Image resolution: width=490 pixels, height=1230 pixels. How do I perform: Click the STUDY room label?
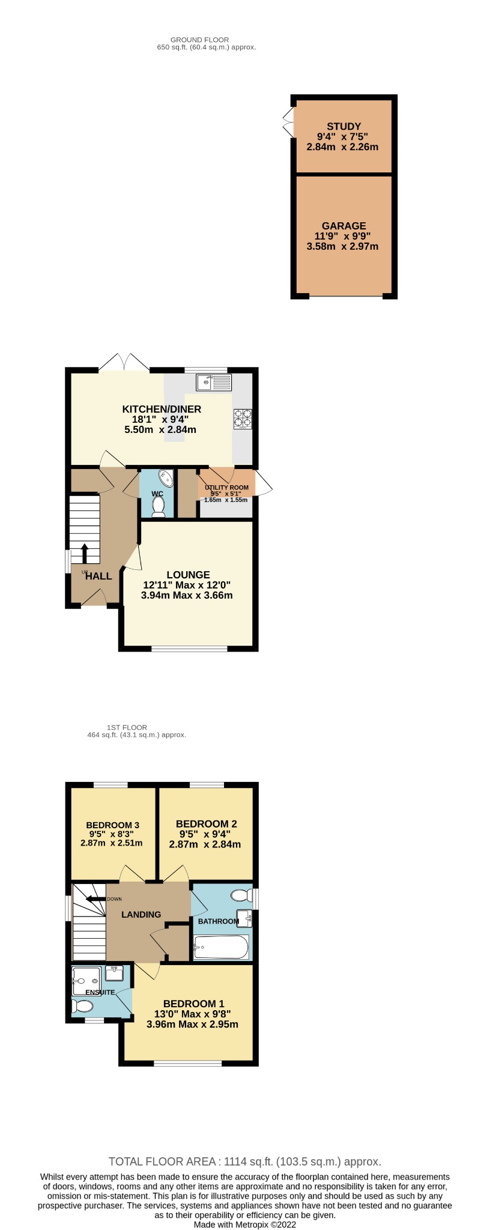[343, 126]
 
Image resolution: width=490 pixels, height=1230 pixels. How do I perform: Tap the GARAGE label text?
[343, 226]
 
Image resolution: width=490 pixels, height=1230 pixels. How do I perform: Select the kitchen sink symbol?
[213, 381]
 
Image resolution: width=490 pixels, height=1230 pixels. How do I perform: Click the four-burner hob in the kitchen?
[243, 418]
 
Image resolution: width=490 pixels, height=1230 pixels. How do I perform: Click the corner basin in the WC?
[165, 479]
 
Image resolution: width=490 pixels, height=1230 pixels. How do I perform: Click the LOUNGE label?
[188, 575]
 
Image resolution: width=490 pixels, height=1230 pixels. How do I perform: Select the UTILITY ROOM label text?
[226, 488]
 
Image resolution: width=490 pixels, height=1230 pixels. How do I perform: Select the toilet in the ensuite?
[82, 1007]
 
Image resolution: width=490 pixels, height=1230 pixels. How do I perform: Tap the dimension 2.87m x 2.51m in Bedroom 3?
[111, 843]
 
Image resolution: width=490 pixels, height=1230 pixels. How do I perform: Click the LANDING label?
[141, 914]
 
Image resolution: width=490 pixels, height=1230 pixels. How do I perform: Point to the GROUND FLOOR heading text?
[199, 40]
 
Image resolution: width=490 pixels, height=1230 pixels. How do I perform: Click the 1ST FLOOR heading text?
[127, 727]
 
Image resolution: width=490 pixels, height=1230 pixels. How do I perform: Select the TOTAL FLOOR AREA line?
[244, 1162]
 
